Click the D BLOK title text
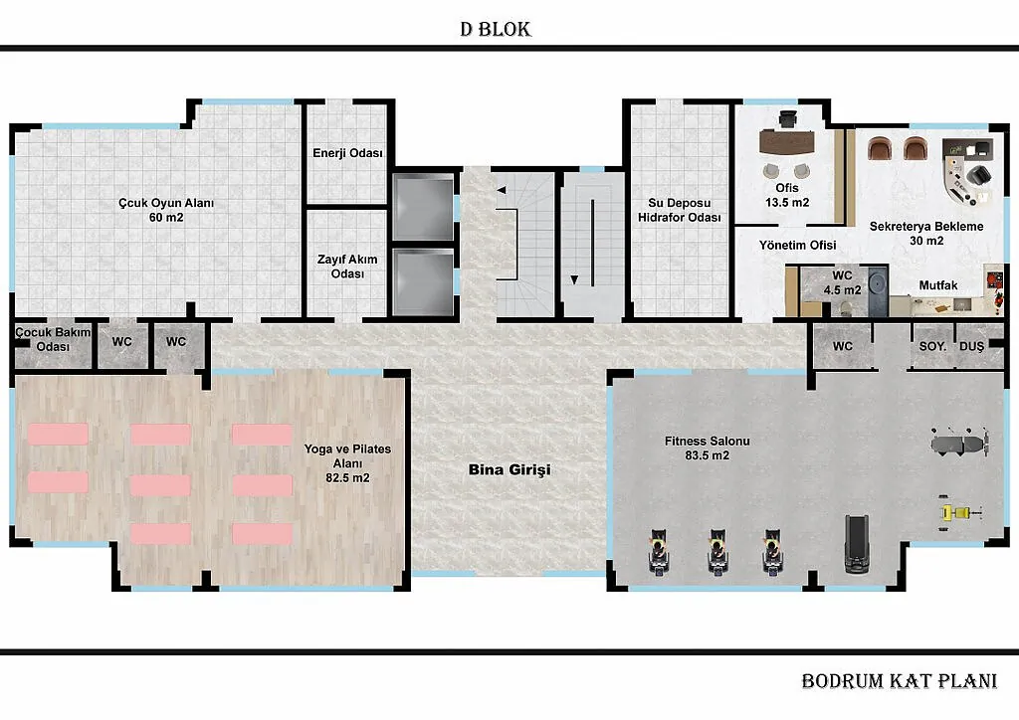(x=496, y=29)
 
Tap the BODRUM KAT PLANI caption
(x=899, y=681)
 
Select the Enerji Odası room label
(x=347, y=153)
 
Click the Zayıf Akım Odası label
(x=347, y=267)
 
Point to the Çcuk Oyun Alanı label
(x=166, y=210)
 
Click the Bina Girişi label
(x=509, y=469)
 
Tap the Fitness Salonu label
(x=708, y=448)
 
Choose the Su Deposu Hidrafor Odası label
(x=679, y=211)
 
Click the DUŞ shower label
(x=971, y=346)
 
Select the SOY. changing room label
(x=932, y=346)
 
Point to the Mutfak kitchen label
(x=938, y=285)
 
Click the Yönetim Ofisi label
(x=797, y=245)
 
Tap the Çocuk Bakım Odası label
(x=53, y=339)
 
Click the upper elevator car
(x=423, y=207)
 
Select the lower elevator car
(x=423, y=282)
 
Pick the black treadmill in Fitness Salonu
(x=857, y=544)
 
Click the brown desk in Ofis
(x=787, y=142)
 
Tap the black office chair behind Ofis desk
(x=788, y=119)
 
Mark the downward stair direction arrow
(x=574, y=279)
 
